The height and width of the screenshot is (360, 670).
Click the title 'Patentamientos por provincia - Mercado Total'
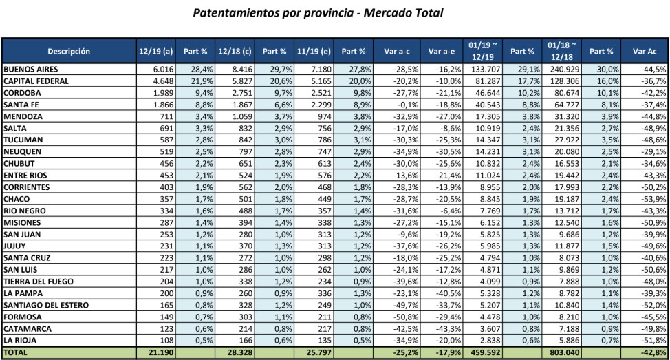pyautogui.click(x=318, y=12)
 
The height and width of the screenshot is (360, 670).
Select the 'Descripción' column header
pyautogui.click(x=69, y=51)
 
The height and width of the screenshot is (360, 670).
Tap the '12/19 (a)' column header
pyautogui.click(x=155, y=51)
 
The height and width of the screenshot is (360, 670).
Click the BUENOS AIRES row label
pyautogui.click(x=31, y=70)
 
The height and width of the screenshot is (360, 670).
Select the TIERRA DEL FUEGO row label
pyautogui.click(x=41, y=282)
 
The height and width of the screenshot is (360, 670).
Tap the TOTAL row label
pyautogui.click(x=17, y=352)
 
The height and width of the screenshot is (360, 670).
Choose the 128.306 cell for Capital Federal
pyautogui.click(x=564, y=81)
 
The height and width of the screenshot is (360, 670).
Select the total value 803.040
pyautogui.click(x=564, y=352)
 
